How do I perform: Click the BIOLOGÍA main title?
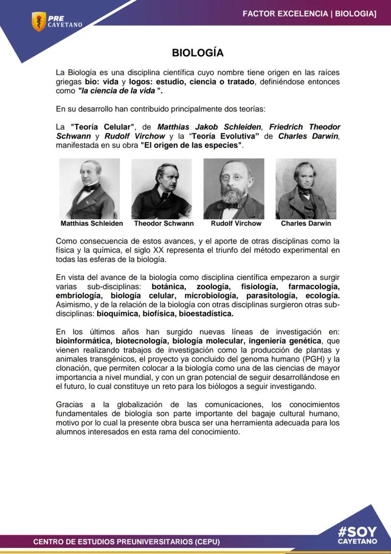197,53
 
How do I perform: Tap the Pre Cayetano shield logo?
38,21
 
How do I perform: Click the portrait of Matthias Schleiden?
90,188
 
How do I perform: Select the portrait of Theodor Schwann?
161,188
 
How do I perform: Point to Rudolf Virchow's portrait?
234,188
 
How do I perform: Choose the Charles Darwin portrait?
306,188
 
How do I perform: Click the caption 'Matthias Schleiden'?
92,223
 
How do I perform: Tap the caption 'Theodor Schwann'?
163,223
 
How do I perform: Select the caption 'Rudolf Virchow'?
236,223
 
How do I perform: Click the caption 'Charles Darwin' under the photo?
306,223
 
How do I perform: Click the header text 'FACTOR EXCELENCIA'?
286,14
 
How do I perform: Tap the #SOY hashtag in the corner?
357,532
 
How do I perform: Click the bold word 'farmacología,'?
314,287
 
